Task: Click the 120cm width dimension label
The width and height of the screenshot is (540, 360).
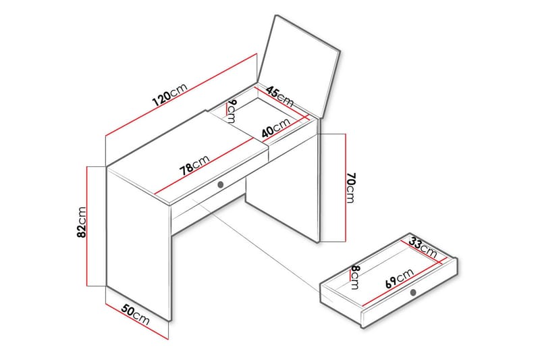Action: click(170, 95)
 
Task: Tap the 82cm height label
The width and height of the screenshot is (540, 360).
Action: click(82, 222)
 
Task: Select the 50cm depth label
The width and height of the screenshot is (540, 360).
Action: click(136, 315)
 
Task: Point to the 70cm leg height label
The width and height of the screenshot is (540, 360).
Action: click(351, 188)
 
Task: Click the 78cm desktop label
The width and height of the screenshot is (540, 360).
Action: click(194, 165)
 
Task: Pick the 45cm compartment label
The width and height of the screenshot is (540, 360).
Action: click(279, 97)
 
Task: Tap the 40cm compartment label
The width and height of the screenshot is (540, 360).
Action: click(276, 128)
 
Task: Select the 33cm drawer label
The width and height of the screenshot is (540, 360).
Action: click(423, 247)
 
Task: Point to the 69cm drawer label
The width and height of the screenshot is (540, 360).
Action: click(400, 278)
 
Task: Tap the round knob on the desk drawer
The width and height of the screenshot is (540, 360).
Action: click(221, 184)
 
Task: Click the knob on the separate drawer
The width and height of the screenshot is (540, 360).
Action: click(413, 292)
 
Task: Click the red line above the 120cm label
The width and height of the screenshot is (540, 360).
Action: click(181, 95)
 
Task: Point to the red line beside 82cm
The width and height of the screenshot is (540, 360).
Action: click(87, 226)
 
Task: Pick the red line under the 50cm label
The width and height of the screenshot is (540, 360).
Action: click(137, 322)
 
